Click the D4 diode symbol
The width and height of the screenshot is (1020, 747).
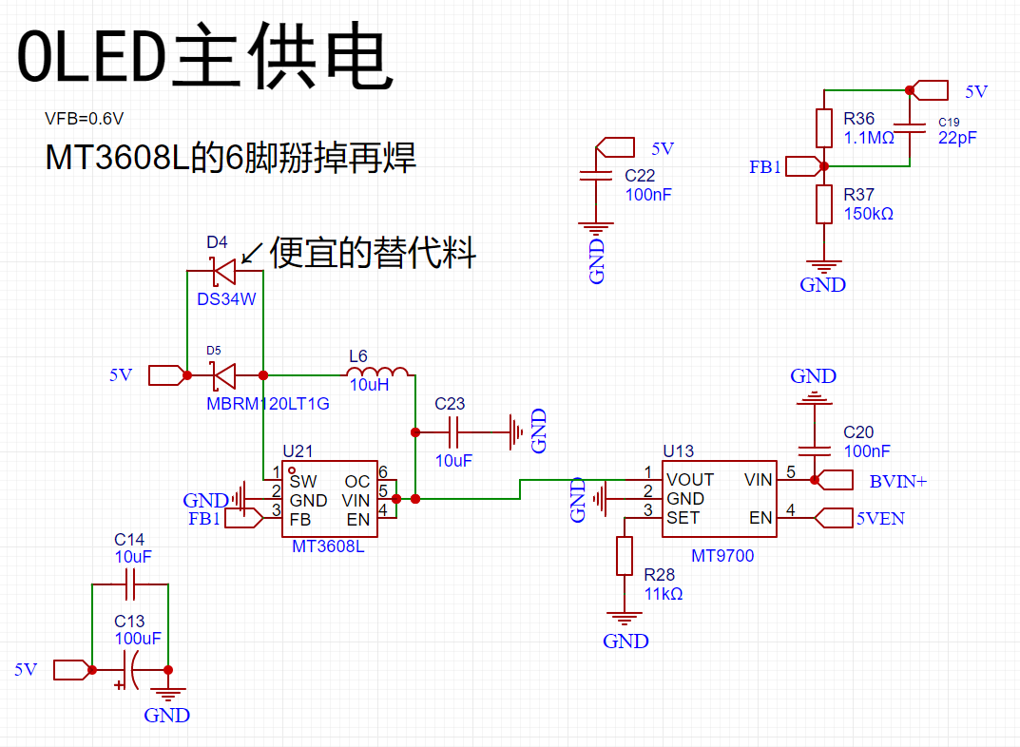click(x=223, y=271)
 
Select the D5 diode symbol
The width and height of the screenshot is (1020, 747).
click(x=223, y=375)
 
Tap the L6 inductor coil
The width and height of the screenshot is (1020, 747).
click(x=377, y=372)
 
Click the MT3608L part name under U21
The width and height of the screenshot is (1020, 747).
click(x=328, y=546)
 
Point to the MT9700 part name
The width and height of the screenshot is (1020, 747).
click(x=722, y=556)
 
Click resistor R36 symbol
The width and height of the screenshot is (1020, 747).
click(x=823, y=128)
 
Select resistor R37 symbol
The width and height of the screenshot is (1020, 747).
click(x=823, y=204)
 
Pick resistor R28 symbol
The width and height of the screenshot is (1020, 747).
click(x=624, y=556)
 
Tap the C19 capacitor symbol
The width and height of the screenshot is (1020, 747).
click(x=910, y=128)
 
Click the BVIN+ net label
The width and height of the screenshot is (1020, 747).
click(x=897, y=481)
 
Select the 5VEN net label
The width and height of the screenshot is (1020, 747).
click(x=880, y=518)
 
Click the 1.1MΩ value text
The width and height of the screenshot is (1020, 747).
click(x=869, y=138)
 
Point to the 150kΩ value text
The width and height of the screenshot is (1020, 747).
click(x=869, y=214)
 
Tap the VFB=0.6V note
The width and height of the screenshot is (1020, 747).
click(x=84, y=119)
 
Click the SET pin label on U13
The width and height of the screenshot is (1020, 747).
click(x=683, y=518)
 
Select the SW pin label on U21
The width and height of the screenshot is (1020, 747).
click(x=303, y=481)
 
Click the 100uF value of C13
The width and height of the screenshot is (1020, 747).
click(x=137, y=639)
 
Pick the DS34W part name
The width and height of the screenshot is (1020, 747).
click(x=226, y=299)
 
